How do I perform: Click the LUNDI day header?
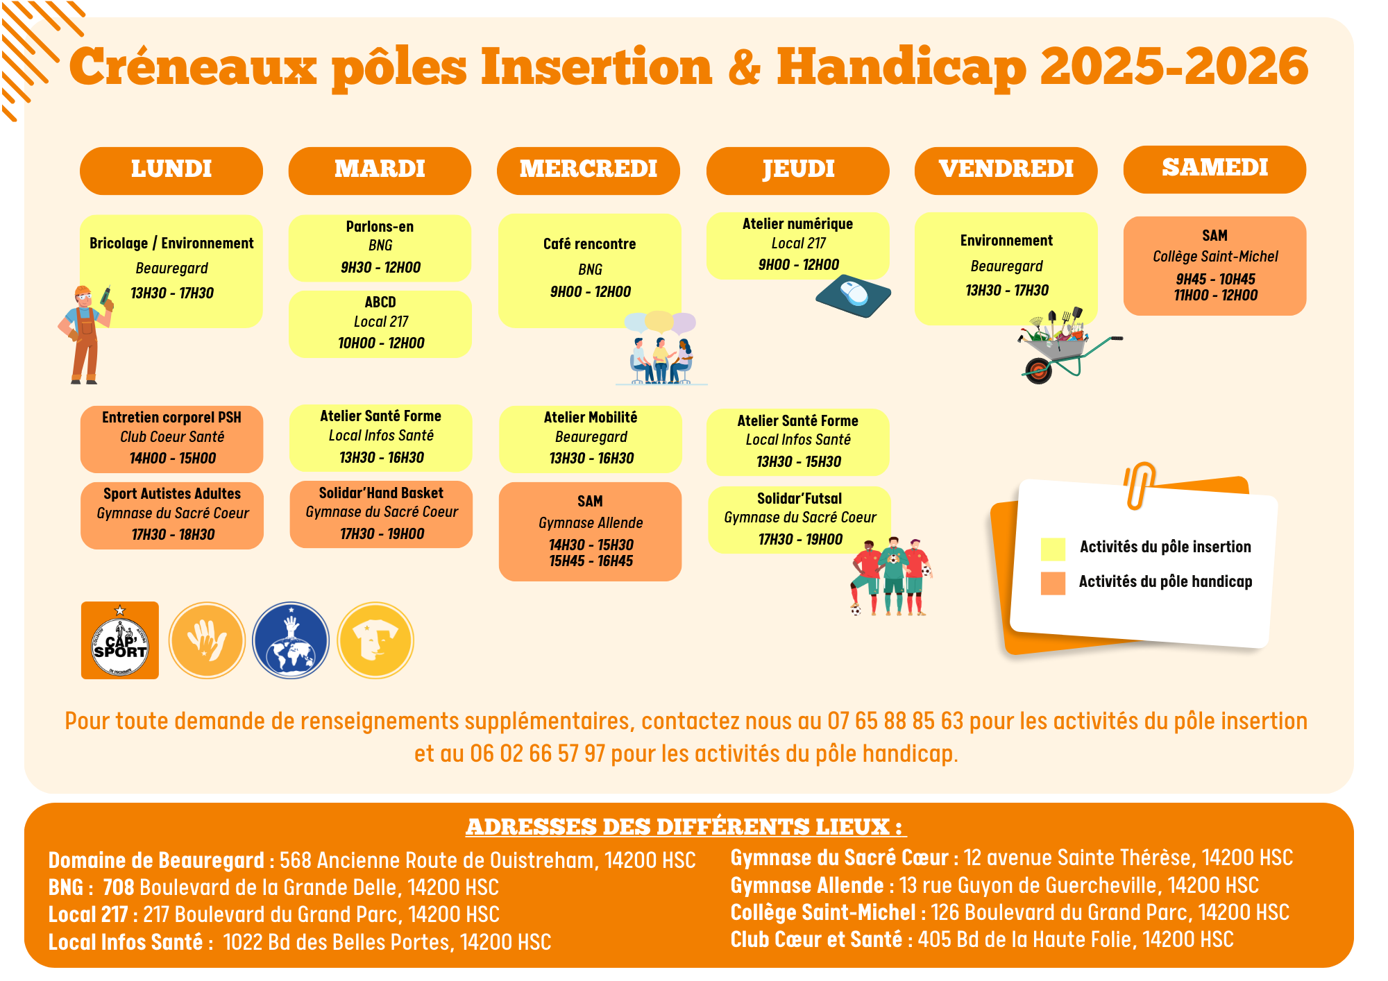point(171,170)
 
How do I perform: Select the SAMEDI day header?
point(1214,169)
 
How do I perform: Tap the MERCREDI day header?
point(589,170)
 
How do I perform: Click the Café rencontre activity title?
point(589,244)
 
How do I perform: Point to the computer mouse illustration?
point(854,296)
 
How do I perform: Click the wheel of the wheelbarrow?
point(1038,371)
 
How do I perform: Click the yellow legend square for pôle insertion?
point(1053,548)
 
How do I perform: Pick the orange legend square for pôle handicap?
point(1053,583)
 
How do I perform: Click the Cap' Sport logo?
point(120,640)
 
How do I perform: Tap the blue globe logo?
point(291,640)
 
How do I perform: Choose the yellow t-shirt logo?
point(375,640)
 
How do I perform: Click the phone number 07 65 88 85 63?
point(895,722)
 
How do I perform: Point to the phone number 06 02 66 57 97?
point(537,754)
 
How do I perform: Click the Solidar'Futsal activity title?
point(799,499)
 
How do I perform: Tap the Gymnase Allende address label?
point(807,886)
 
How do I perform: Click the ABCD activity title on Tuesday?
point(380,302)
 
